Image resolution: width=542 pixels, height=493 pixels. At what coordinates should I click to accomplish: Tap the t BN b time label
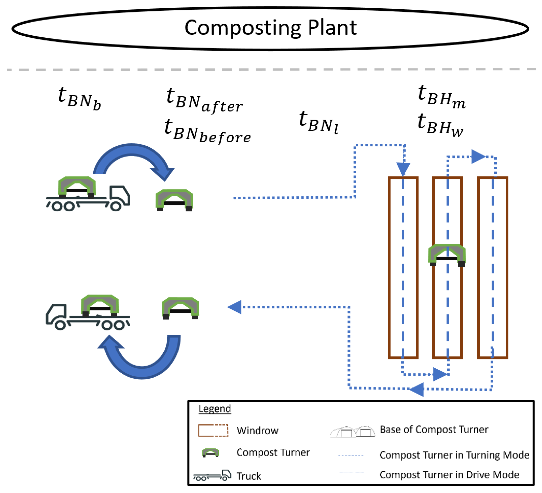coord(79,98)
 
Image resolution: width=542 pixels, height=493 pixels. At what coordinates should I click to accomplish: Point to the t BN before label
coord(207,131)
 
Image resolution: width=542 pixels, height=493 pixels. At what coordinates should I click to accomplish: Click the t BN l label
coord(318,122)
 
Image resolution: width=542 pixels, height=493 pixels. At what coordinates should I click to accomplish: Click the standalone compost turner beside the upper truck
coord(174,200)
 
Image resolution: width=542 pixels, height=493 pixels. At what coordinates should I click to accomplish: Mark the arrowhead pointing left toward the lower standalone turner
coord(235,307)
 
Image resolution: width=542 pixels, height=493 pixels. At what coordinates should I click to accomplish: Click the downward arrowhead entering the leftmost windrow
coord(403,169)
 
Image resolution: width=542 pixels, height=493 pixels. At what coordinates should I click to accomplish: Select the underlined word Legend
coord(215,409)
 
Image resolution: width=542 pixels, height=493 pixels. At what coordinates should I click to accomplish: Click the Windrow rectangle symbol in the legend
coord(213,430)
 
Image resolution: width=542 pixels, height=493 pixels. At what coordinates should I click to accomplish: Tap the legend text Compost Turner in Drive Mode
coord(449,475)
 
